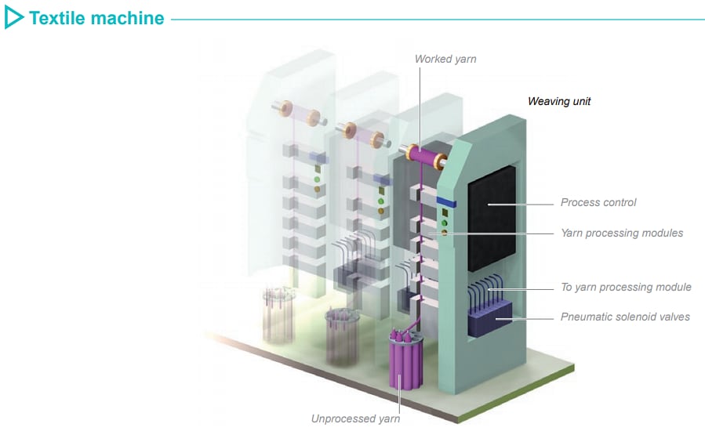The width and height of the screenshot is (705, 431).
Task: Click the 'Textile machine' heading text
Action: click(x=96, y=18)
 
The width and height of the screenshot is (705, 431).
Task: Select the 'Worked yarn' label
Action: click(x=445, y=59)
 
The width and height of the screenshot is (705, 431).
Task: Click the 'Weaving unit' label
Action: click(x=558, y=101)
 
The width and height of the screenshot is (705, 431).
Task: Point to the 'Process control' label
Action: click(x=598, y=202)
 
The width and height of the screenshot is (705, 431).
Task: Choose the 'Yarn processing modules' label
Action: click(x=621, y=233)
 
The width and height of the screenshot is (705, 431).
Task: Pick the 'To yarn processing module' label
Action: click(x=626, y=287)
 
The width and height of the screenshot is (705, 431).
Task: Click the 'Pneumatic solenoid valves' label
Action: click(x=625, y=317)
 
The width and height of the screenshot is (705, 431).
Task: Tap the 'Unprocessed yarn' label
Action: click(x=355, y=418)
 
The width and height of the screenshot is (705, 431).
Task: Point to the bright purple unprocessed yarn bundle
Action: click(x=405, y=363)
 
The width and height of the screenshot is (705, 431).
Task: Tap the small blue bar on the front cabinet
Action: click(x=445, y=202)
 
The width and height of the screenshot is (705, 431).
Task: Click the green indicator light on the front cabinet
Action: click(x=445, y=222)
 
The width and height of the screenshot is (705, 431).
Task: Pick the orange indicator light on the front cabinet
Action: click(x=445, y=233)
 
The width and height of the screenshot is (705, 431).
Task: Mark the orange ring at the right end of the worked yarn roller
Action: click(x=440, y=162)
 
